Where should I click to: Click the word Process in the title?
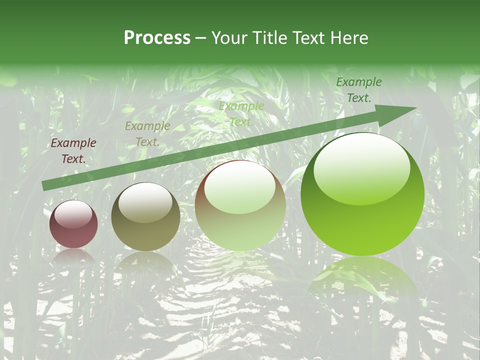tap(157, 38)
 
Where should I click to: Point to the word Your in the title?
tap(229, 38)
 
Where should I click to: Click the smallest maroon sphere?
tap(73, 224)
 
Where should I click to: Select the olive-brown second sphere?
tap(145, 217)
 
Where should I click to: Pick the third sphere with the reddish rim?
tap(240, 205)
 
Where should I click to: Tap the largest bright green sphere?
tap(362, 194)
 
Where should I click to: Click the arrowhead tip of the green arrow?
tap(415, 108)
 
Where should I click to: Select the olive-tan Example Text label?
tap(147, 134)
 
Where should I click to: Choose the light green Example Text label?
tap(241, 114)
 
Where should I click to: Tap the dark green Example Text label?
tap(358, 90)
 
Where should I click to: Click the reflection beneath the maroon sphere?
tap(73, 256)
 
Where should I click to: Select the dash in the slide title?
tap(201, 38)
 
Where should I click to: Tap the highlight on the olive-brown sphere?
tap(145, 203)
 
